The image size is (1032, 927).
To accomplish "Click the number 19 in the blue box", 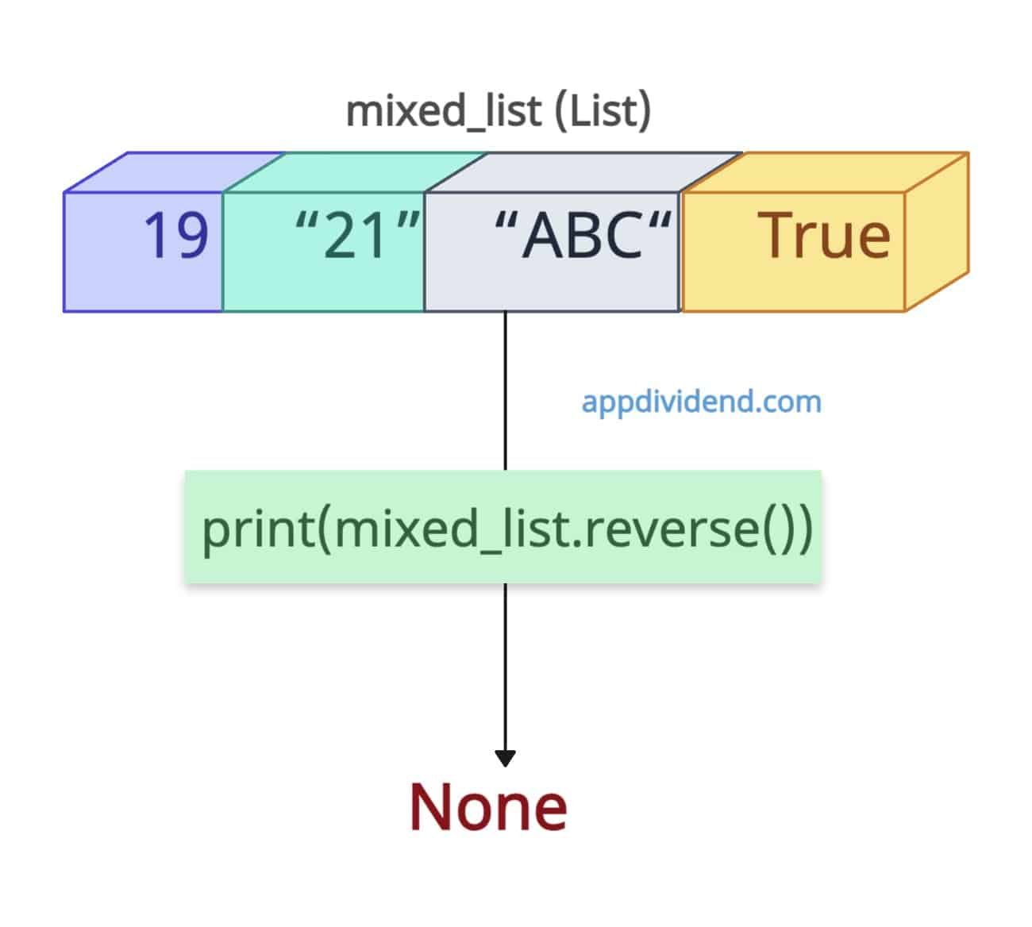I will [175, 236].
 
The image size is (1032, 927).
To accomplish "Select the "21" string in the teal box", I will [356, 236].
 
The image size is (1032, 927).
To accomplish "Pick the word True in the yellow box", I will [824, 236].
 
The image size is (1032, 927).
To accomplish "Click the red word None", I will [488, 807].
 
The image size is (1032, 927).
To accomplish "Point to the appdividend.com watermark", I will [701, 402].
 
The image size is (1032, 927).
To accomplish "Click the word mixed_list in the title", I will [443, 110].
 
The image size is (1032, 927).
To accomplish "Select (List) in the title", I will [601, 110].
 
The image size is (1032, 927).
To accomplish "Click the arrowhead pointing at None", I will [505, 758].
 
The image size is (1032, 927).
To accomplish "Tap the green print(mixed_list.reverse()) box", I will [503, 527].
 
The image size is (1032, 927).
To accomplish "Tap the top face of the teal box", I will [353, 172].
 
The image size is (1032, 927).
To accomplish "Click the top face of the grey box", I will [583, 172].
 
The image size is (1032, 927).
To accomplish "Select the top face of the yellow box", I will [826, 172].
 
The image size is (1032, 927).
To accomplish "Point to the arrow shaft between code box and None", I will [505, 667].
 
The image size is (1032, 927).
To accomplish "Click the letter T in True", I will [774, 236].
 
